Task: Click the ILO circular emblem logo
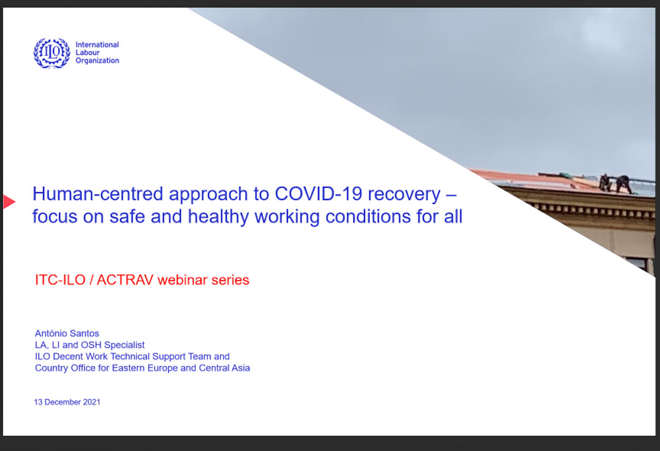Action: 52,53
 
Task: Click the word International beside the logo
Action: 97,45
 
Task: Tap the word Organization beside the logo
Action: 98,61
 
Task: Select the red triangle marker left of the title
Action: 9,202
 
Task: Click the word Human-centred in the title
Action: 98,194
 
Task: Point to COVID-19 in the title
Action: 318,194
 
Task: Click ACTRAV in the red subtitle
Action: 125,280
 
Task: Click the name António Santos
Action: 67,333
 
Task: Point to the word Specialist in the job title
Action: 125,345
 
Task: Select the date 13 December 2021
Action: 67,402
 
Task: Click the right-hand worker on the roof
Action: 624,184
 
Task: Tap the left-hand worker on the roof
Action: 604,183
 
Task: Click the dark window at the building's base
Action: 637,264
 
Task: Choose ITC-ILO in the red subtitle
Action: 60,280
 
